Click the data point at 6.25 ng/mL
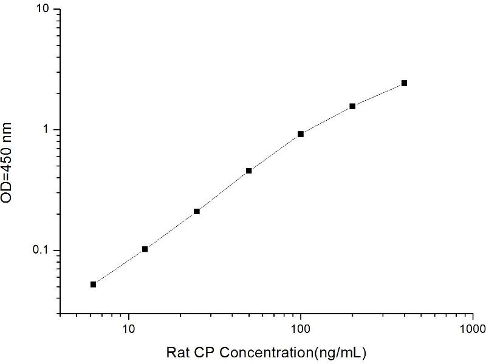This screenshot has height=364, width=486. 93,284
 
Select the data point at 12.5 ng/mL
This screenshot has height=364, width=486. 145,249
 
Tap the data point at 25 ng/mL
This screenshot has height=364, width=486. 197,211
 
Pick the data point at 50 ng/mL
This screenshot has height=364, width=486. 248,170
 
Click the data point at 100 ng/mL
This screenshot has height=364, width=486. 301,134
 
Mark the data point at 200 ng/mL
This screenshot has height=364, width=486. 352,106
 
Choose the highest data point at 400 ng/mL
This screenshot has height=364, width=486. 404,83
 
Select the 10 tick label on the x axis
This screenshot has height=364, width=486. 129,329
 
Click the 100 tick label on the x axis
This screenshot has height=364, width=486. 301,329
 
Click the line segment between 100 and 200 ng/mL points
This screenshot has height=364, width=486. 326,120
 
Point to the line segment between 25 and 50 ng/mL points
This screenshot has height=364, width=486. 222,191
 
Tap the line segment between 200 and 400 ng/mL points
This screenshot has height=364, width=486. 378,95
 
